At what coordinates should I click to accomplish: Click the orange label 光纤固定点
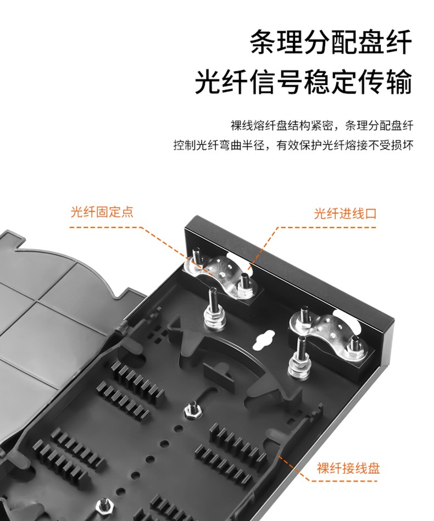tap(102, 212)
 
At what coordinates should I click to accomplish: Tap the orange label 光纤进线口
tap(345, 213)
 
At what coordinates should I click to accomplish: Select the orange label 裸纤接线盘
tap(348, 468)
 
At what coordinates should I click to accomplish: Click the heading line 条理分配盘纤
tap(331, 42)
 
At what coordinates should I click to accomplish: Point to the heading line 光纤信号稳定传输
tap(303, 82)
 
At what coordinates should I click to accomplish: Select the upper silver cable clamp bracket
tap(219, 274)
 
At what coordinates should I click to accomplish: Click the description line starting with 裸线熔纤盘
tap(322, 126)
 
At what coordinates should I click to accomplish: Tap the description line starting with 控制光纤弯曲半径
tap(293, 145)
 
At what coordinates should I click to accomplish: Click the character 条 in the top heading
tap(263, 42)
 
